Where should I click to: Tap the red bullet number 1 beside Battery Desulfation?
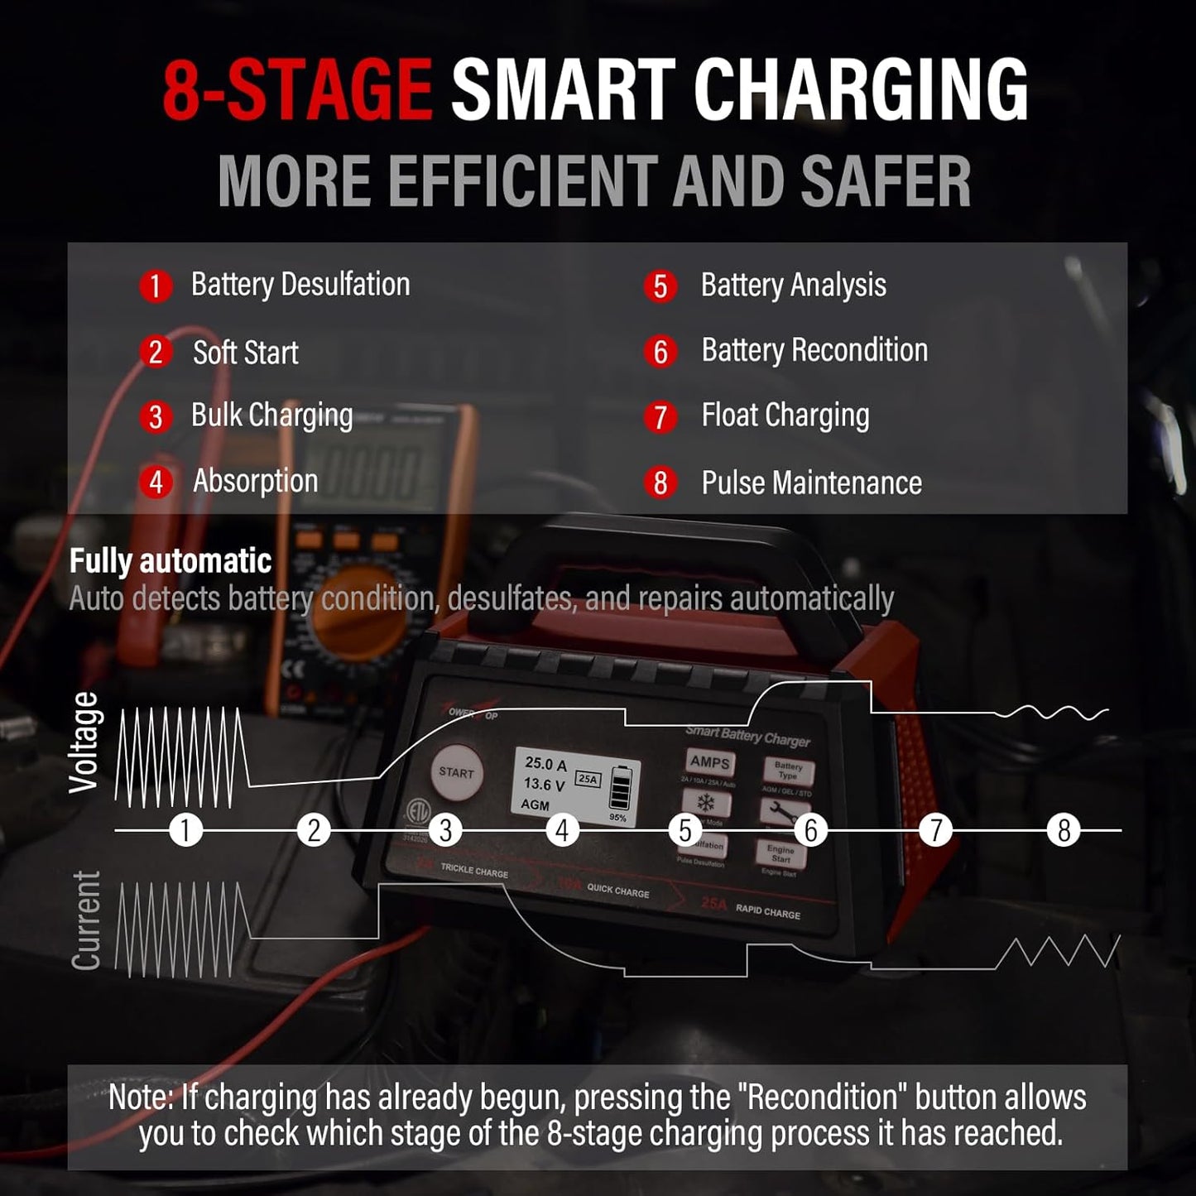click(155, 286)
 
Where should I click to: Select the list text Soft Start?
click(245, 353)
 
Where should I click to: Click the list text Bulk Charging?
click(271, 415)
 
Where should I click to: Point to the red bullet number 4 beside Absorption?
click(156, 483)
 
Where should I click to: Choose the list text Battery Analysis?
click(793, 286)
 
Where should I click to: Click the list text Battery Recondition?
click(814, 351)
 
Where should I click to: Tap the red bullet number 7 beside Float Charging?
click(660, 416)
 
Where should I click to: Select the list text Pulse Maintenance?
click(811, 483)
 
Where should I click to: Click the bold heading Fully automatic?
click(170, 561)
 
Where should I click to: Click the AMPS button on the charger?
click(709, 762)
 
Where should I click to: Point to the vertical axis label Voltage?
click(84, 743)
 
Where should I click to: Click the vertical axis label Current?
click(85, 920)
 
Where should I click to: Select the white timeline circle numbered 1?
click(185, 829)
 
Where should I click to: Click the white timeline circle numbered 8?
click(1064, 829)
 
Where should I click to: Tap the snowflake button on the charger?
click(706, 802)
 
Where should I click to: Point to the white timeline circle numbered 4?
click(562, 829)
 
